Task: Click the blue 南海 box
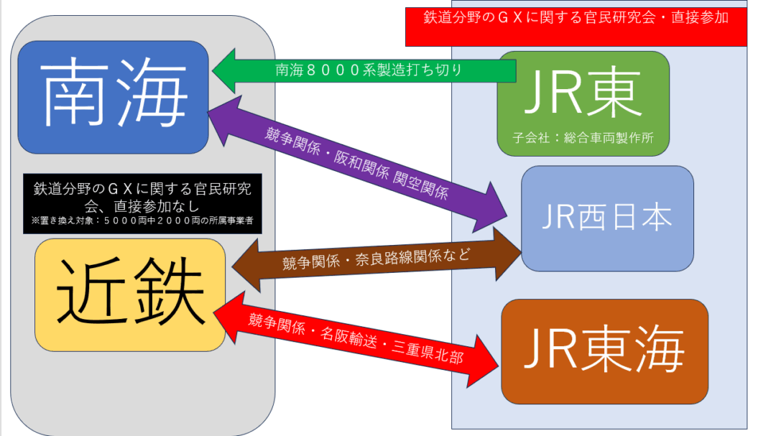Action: point(112,96)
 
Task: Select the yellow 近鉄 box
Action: point(129,294)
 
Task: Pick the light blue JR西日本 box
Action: point(607,218)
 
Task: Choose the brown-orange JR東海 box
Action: point(604,351)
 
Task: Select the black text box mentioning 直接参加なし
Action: point(142,203)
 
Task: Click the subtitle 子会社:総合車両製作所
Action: point(583,137)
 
